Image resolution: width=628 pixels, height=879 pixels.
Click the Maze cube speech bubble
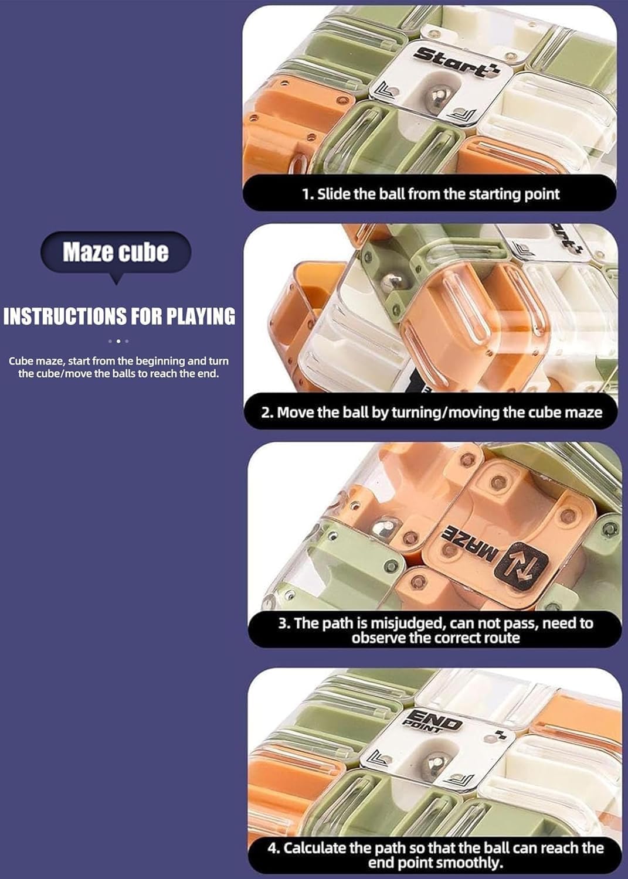click(116, 253)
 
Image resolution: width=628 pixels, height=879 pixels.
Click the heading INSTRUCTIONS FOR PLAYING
click(119, 316)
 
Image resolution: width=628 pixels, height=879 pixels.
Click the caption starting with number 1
click(430, 194)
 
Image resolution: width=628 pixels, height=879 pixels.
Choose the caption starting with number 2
click(432, 412)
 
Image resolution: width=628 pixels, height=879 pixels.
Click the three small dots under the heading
click(118, 341)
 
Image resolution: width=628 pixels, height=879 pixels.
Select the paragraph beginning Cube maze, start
click(118, 367)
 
